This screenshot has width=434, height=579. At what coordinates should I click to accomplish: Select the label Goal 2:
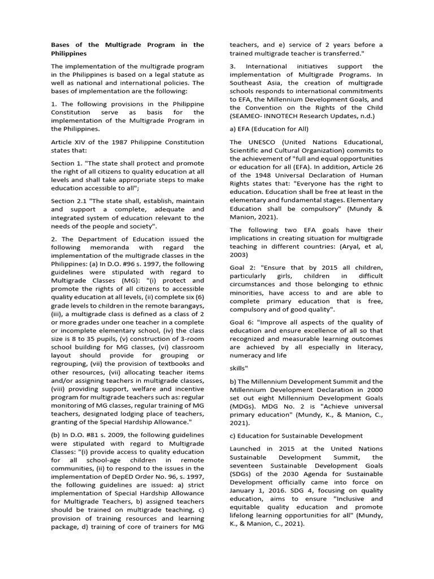(242, 267)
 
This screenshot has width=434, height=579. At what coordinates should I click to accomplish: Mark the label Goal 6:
(242, 322)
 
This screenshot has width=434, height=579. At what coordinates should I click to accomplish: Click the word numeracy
(249, 356)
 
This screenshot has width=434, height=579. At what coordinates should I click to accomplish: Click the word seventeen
(246, 465)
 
